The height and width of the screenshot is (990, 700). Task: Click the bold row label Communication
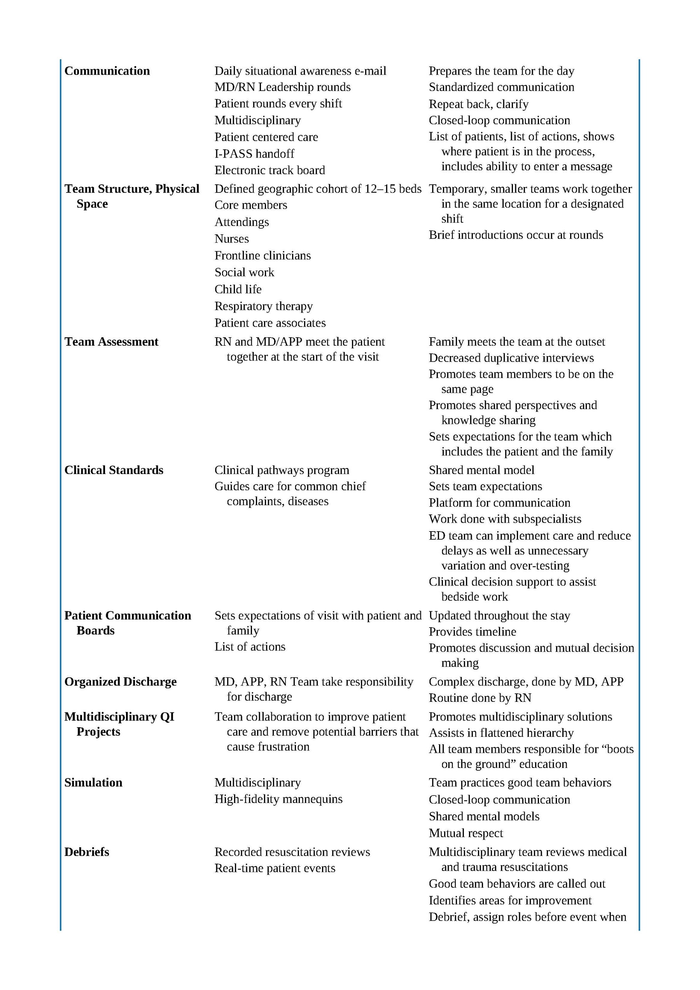[x=107, y=71]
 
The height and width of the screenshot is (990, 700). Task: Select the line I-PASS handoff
[x=254, y=154]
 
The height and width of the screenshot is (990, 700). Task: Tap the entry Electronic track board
[x=269, y=170]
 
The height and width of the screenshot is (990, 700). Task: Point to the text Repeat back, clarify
[x=478, y=104]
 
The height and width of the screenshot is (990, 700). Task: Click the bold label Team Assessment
[x=111, y=341]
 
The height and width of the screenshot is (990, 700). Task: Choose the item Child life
[x=238, y=289]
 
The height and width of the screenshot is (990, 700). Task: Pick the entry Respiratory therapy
[x=264, y=306]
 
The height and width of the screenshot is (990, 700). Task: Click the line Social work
[x=244, y=272]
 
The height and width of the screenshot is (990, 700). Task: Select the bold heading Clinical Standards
[x=114, y=470]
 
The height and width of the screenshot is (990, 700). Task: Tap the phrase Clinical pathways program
[x=282, y=470]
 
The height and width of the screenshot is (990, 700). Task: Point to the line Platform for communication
[x=499, y=503]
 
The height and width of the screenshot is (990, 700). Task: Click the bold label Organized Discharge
[x=120, y=682]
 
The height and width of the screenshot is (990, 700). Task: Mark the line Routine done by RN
[x=479, y=698]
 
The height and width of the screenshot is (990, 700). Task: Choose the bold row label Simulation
[x=93, y=783]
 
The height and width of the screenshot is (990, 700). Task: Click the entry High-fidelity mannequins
[x=278, y=799]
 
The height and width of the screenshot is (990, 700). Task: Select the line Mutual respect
[x=466, y=833]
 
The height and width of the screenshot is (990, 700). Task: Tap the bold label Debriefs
[x=87, y=852]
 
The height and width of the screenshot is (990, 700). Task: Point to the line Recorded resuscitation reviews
[x=292, y=852]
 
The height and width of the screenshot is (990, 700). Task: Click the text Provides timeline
[x=472, y=632]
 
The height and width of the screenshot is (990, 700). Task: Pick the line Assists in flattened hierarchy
[x=501, y=733]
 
